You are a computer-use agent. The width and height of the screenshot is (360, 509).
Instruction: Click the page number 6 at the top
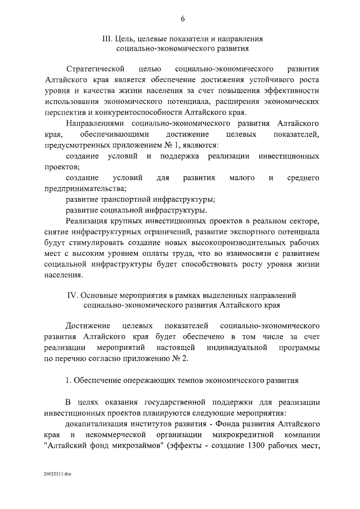point(183,19)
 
